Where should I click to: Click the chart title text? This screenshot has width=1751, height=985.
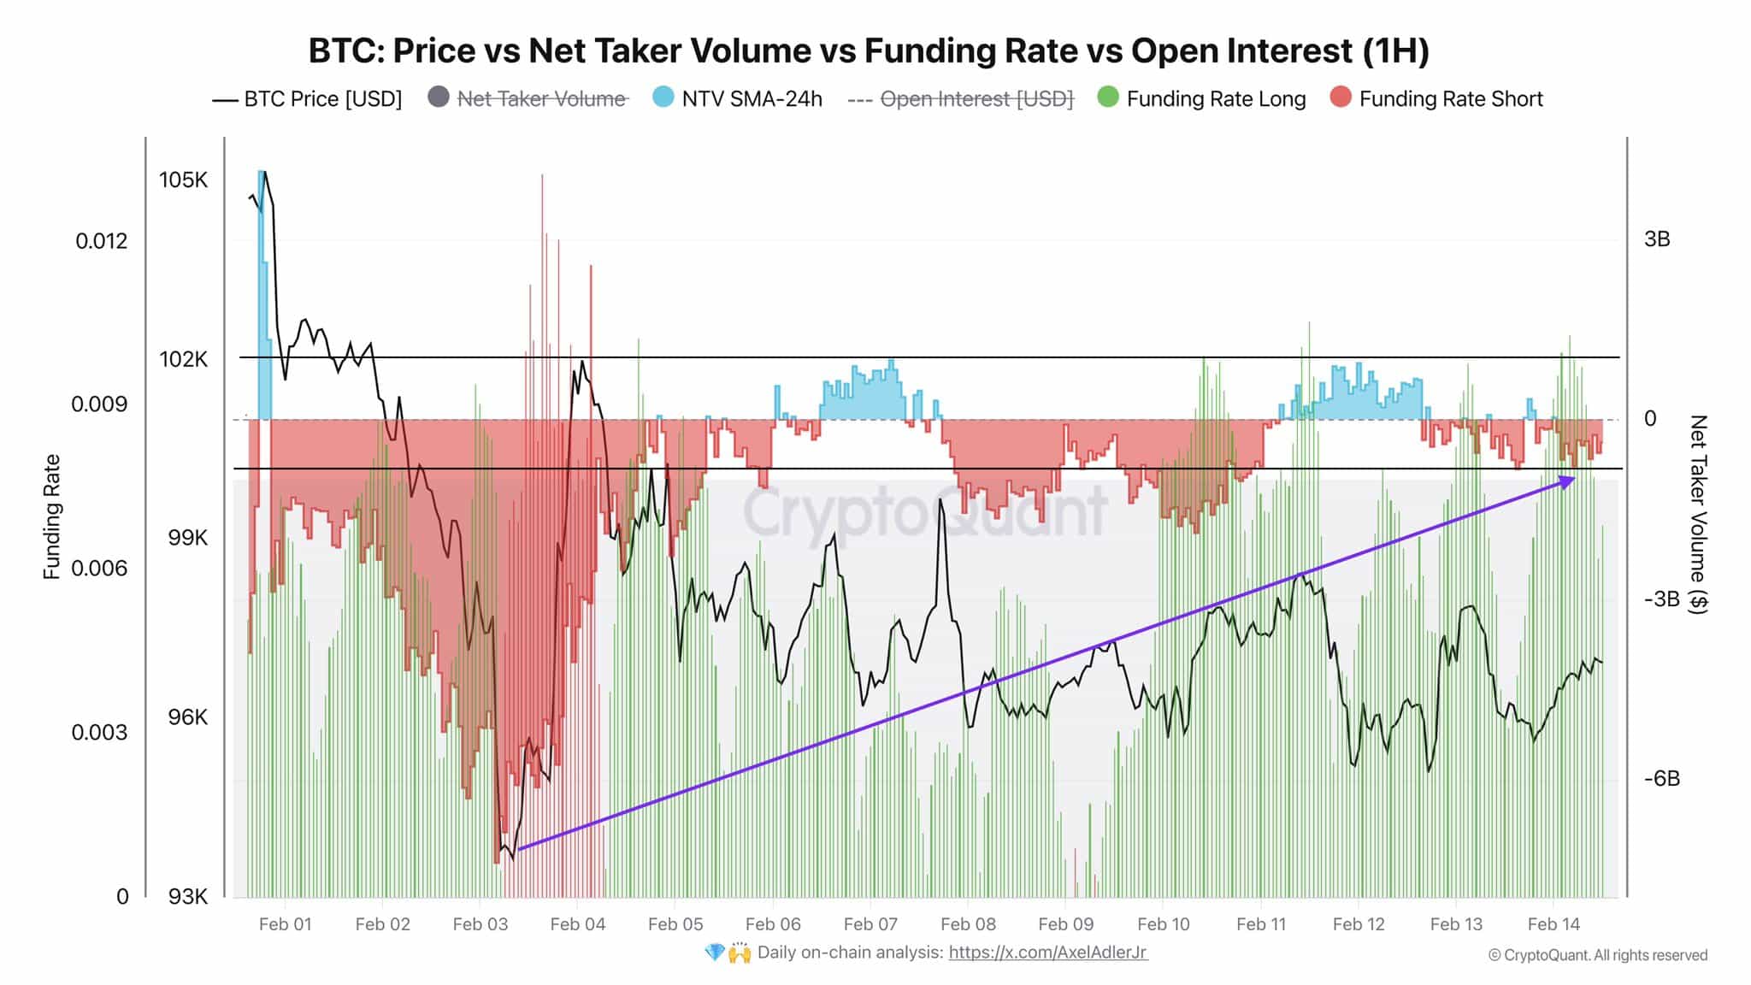[869, 50]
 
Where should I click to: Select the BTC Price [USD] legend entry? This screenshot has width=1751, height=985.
[307, 99]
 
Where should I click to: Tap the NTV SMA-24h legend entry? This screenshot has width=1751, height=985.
[737, 98]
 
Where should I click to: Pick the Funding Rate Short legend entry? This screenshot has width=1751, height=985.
[1436, 98]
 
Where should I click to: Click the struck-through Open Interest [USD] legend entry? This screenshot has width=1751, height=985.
[960, 99]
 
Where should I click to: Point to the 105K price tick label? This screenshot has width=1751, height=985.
[183, 180]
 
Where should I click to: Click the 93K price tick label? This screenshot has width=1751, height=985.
[188, 896]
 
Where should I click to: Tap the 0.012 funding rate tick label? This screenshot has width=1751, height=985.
[102, 240]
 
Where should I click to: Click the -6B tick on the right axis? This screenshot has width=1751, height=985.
[1662, 778]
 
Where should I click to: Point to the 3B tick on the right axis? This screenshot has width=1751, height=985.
[1657, 239]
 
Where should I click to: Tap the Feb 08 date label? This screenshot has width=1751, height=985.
[968, 924]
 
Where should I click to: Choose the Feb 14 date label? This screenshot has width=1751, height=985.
[1553, 924]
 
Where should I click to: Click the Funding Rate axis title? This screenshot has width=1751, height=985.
[52, 516]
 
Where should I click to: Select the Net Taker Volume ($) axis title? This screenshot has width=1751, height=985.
[1698, 514]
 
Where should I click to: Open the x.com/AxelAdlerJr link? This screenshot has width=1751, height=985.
[1048, 953]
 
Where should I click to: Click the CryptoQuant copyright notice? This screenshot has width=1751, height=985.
[1598, 955]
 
